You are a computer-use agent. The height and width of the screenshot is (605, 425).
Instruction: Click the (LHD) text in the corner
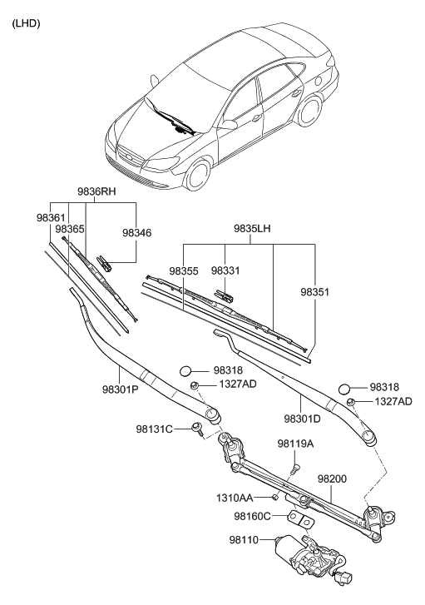(27, 23)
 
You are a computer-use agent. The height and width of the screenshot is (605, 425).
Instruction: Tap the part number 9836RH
(96, 191)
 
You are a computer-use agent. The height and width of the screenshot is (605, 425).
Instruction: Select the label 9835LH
(252, 228)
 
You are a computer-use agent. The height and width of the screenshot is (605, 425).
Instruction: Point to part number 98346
(137, 233)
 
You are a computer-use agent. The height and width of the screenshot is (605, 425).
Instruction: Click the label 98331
(225, 270)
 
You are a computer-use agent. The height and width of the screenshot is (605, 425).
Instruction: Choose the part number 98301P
(121, 389)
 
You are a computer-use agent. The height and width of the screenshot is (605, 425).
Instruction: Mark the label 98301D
(303, 419)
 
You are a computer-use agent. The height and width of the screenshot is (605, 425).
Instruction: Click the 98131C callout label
(154, 429)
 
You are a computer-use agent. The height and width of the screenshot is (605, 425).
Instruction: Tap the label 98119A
(295, 444)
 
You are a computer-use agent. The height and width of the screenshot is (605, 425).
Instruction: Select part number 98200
(332, 479)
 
